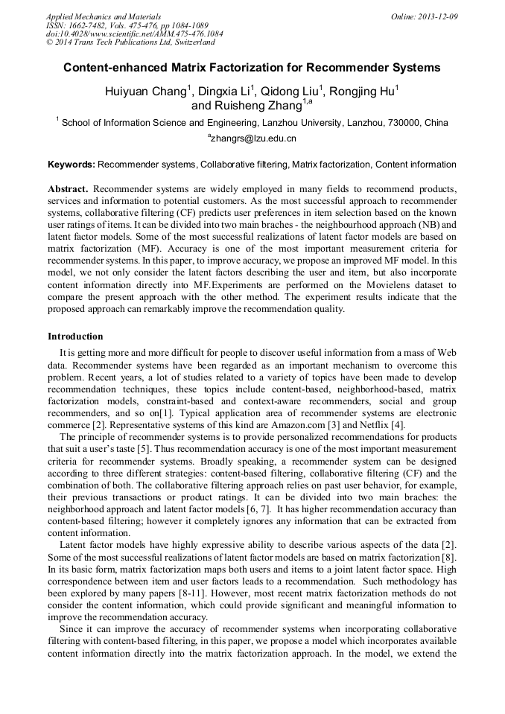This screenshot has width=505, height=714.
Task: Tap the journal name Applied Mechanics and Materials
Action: (x=104, y=16)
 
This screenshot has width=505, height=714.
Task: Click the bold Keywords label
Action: (x=72, y=164)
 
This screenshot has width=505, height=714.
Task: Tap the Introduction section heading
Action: (x=75, y=337)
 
